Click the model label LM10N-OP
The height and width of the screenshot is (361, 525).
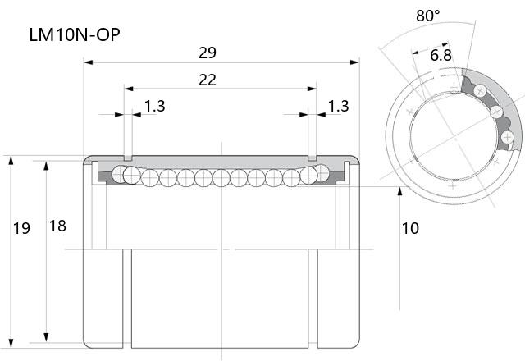pos(75,34)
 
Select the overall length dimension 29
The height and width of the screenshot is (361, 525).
pos(208,53)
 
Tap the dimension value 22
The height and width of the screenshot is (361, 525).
pos(208,80)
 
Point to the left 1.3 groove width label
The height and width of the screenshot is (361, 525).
pos(155,106)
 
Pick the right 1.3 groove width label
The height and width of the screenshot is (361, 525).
pos(338,106)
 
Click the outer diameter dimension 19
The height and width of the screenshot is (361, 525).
pos(21,228)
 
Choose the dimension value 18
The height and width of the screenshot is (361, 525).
pos(57,226)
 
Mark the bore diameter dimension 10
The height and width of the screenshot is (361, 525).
pos(410,228)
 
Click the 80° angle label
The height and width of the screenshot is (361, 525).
pos(428,16)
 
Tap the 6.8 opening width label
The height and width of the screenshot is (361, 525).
pos(441,55)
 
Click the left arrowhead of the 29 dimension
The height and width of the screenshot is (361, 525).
pos(88,62)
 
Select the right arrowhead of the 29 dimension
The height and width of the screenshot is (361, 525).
pos(354,62)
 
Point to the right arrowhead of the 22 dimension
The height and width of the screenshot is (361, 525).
pos(312,89)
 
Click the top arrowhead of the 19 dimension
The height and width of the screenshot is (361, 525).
pos(11,161)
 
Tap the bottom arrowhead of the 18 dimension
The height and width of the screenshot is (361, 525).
pos(46,337)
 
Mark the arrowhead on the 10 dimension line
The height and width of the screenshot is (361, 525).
pos(399,191)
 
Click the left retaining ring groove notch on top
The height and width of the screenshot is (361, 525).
pos(128,158)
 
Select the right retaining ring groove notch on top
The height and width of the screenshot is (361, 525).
pos(312,158)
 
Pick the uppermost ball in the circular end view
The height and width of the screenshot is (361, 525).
pos(480,90)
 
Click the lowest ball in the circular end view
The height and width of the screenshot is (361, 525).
pos(508,137)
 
